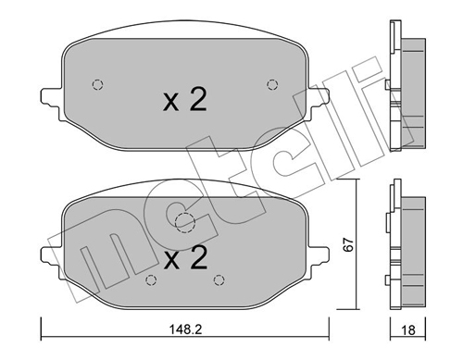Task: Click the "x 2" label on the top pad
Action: pos(185,101)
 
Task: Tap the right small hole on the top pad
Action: pos(270,84)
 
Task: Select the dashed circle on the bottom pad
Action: pos(185,222)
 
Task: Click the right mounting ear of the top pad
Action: pos(319,94)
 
